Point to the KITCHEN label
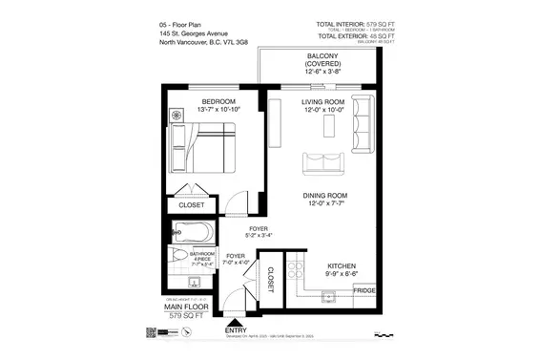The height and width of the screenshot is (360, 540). [342, 266]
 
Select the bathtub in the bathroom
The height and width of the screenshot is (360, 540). [193, 232]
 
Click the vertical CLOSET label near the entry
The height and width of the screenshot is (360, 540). [270, 278]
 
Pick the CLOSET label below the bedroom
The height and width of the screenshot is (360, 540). [191, 205]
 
